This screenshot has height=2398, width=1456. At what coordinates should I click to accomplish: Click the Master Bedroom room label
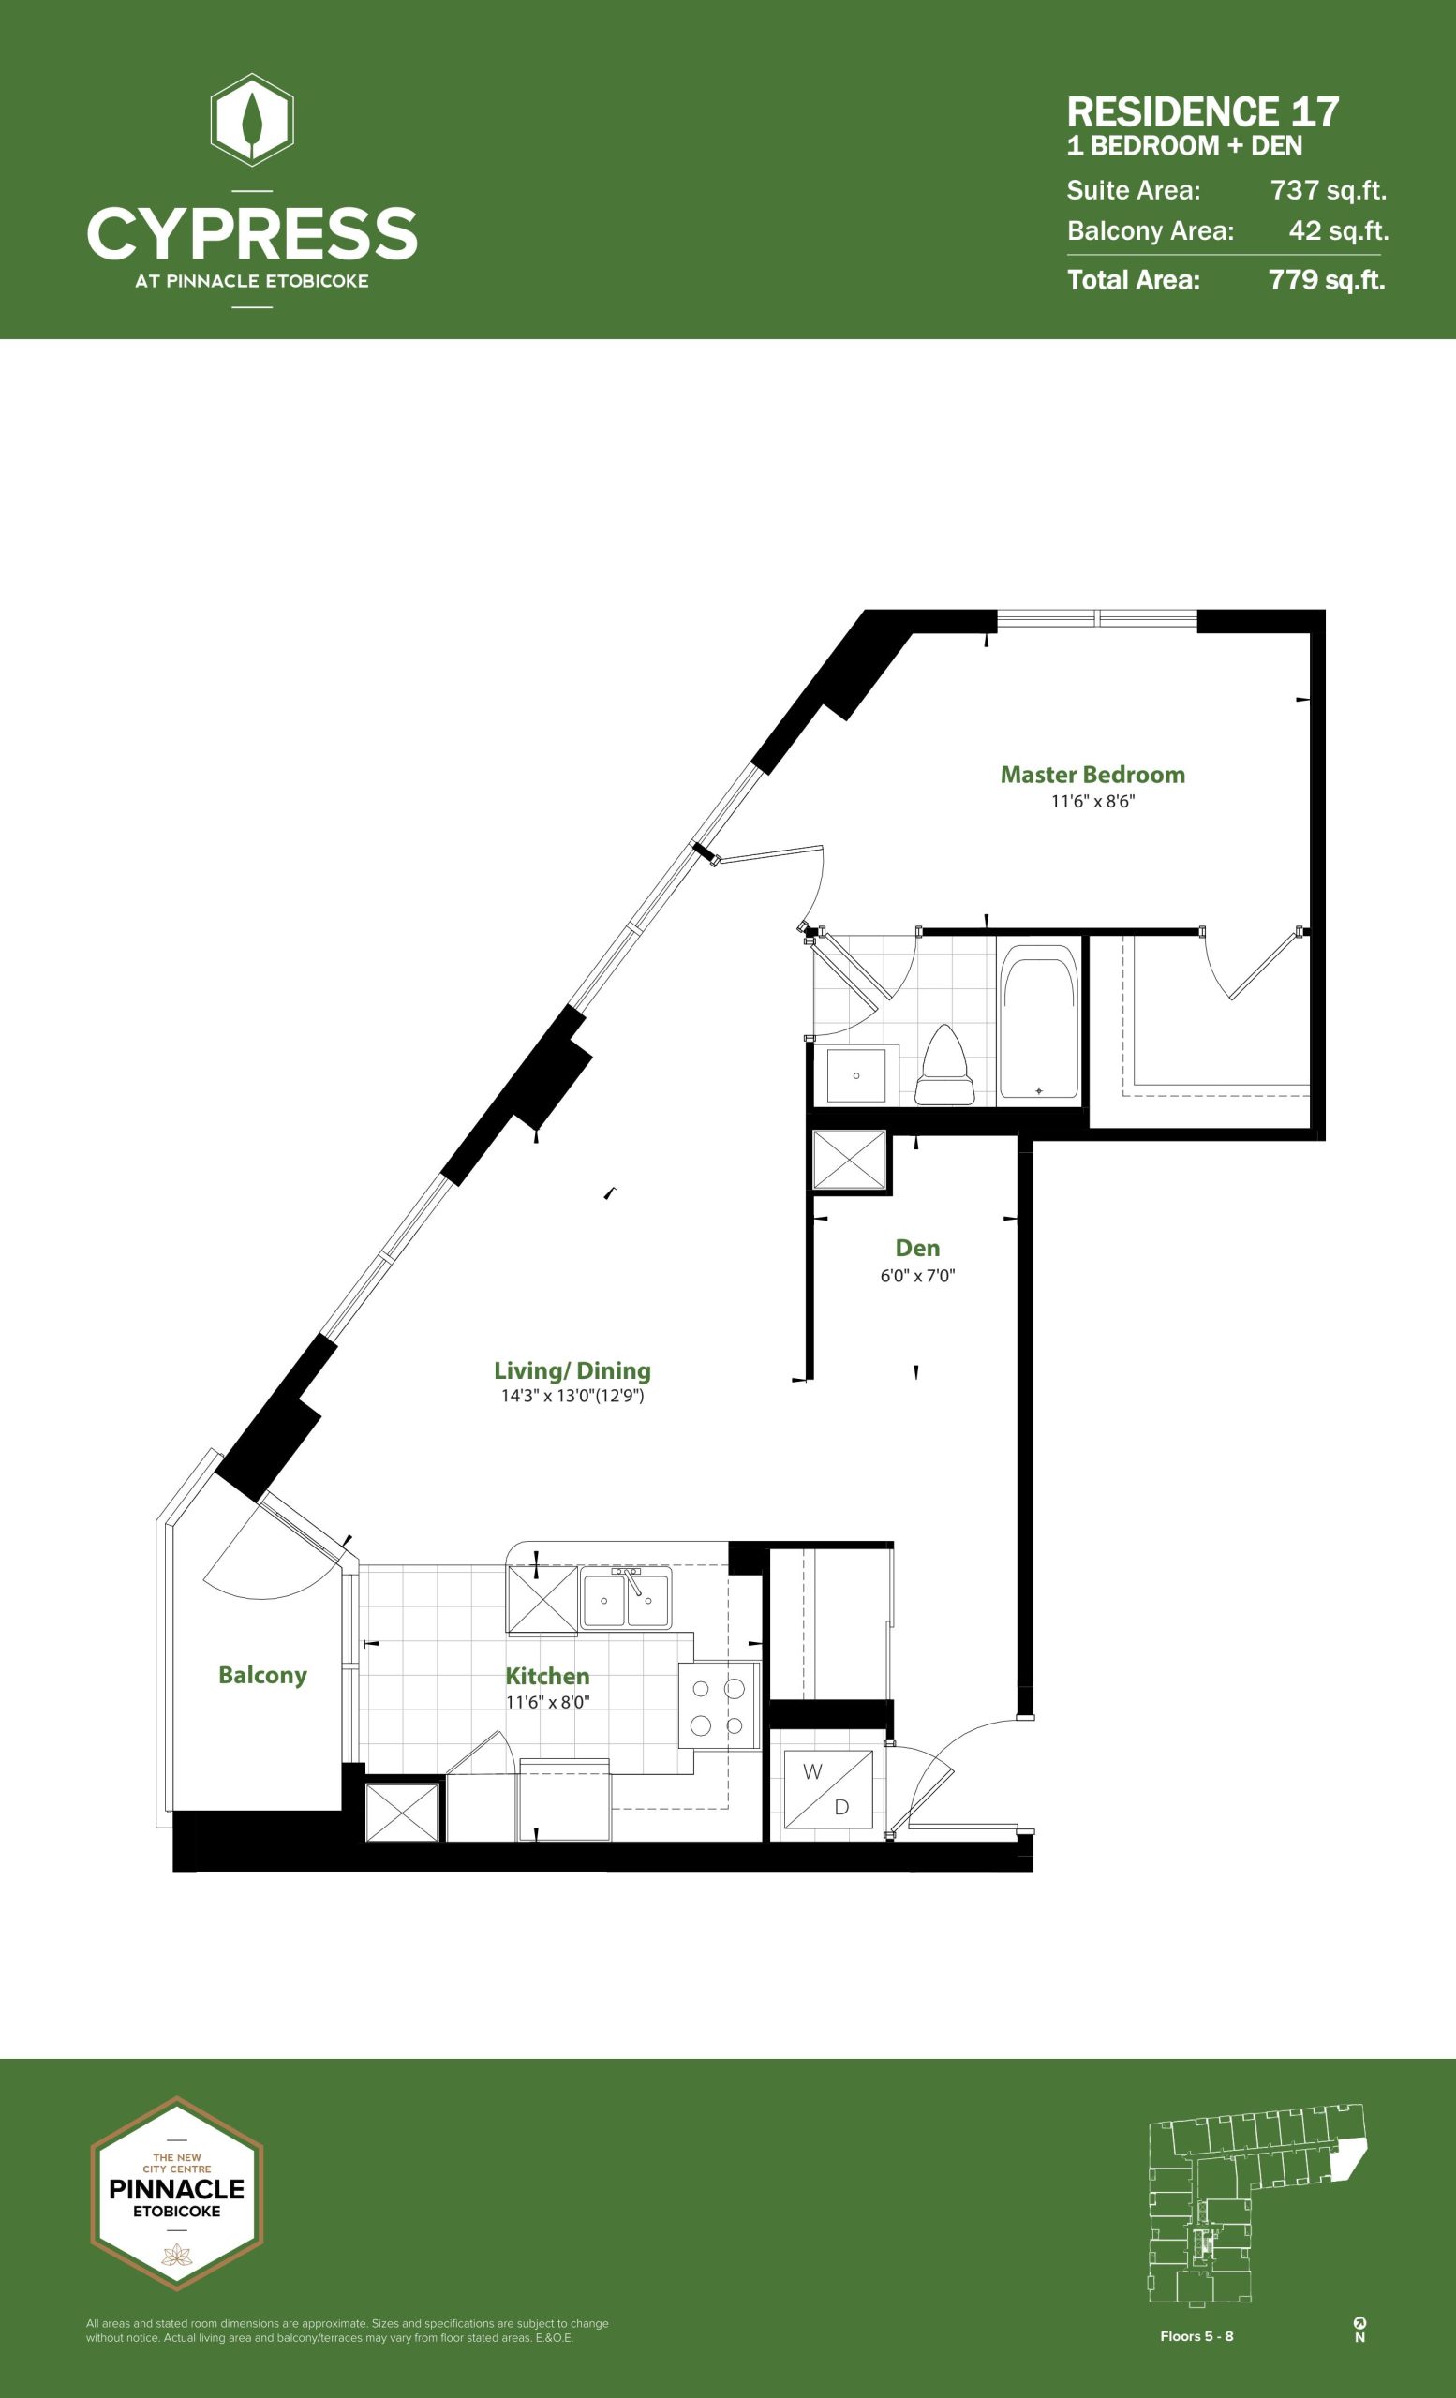click(x=1092, y=775)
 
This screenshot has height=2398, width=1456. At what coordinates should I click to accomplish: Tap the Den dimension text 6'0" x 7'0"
click(x=918, y=1276)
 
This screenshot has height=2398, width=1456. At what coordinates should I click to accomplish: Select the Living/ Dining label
click(x=572, y=1370)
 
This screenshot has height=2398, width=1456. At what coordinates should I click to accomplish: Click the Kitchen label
click(x=547, y=1676)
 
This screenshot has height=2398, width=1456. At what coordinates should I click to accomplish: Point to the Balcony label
click(x=262, y=1675)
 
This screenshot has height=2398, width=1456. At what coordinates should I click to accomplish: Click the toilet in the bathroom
click(x=945, y=1065)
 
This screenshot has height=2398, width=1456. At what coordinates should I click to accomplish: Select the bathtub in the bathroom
click(x=1039, y=1021)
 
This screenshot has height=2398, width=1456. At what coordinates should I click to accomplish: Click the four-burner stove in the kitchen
click(x=719, y=1706)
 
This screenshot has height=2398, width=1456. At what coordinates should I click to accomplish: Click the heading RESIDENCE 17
click(x=1203, y=111)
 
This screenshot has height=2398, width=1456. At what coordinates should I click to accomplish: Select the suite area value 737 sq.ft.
click(x=1329, y=190)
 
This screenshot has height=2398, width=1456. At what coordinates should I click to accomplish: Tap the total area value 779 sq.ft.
click(x=1327, y=280)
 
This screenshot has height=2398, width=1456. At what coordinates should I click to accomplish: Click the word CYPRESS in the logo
click(x=252, y=233)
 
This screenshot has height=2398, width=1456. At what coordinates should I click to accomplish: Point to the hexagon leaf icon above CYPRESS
click(x=252, y=121)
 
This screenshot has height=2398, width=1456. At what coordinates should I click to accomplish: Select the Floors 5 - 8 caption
click(x=1196, y=2336)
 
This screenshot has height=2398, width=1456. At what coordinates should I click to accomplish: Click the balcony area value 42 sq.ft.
click(x=1338, y=230)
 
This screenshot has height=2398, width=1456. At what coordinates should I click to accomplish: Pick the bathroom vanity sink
click(x=856, y=1074)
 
